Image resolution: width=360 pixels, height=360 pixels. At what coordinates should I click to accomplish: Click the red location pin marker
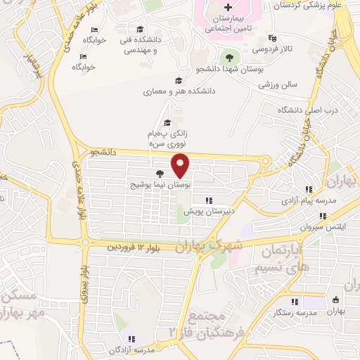181,165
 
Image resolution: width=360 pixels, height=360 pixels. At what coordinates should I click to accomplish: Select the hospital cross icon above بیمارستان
227,7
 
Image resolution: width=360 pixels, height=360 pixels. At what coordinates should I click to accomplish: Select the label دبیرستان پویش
208,210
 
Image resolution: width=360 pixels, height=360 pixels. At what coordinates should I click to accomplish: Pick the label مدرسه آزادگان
131,349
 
